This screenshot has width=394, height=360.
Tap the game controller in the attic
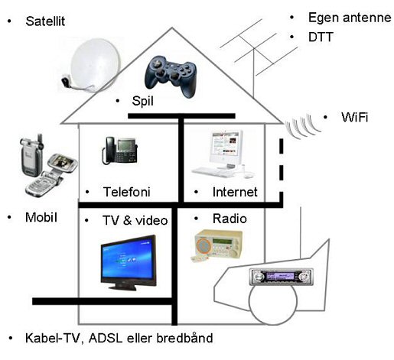coord(171,76)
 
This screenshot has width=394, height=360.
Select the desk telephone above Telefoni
coord(119,151)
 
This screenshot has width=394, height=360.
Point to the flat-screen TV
coord(129,262)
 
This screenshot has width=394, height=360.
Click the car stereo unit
coord(282,277)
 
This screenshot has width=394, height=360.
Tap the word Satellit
coord(45,21)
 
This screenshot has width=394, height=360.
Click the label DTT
coord(321,37)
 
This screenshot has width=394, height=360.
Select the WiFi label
coord(355,117)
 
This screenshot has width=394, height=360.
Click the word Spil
coord(142,101)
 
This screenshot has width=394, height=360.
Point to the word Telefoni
coord(126,192)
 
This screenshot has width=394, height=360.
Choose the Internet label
coord(235,192)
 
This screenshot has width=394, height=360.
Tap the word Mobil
coord(41,217)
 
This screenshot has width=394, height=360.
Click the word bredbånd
coord(184,338)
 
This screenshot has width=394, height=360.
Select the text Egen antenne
coord(350,18)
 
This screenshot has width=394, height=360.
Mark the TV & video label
coord(135,220)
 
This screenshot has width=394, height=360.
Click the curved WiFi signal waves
coord(302,126)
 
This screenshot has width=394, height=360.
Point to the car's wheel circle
coord(273,302)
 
